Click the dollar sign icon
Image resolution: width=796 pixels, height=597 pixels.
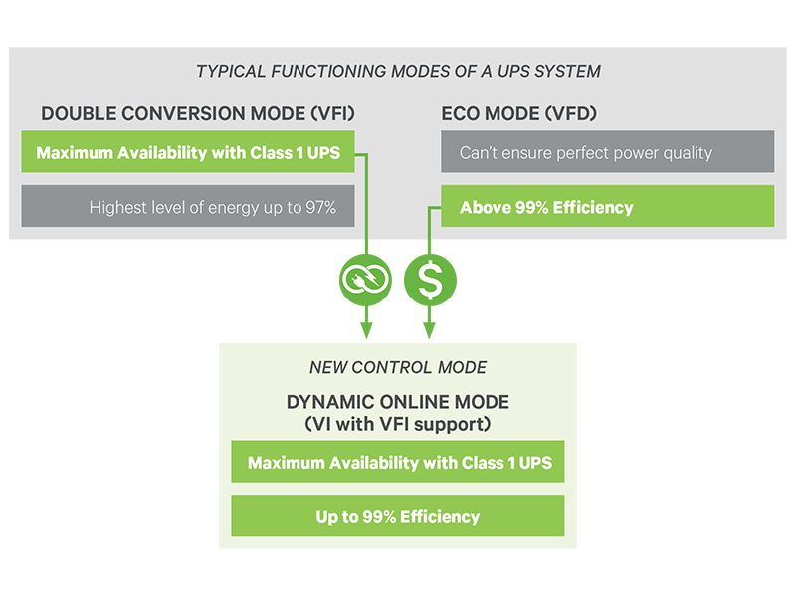coord(430,282)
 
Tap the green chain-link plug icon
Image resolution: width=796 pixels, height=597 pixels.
coord(366,282)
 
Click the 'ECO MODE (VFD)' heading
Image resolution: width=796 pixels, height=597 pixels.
coord(518,114)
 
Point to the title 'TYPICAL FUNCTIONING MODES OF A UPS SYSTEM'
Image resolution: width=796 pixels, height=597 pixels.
coord(398,72)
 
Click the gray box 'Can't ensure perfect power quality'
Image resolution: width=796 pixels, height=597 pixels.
coord(607,153)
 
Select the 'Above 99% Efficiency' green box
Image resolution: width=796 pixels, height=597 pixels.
coord(607,207)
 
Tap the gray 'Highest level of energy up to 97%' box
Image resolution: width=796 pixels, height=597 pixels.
coord(187,207)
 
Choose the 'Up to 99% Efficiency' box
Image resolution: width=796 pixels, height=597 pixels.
coord(398,516)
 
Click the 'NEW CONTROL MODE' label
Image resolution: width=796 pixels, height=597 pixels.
coord(398,367)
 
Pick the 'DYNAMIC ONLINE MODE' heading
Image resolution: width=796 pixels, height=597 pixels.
coord(398,402)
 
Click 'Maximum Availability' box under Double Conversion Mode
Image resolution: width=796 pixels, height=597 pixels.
coord(187,153)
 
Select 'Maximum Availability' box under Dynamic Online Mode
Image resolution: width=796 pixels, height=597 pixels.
coord(398,463)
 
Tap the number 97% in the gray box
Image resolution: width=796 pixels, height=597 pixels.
coord(320,208)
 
